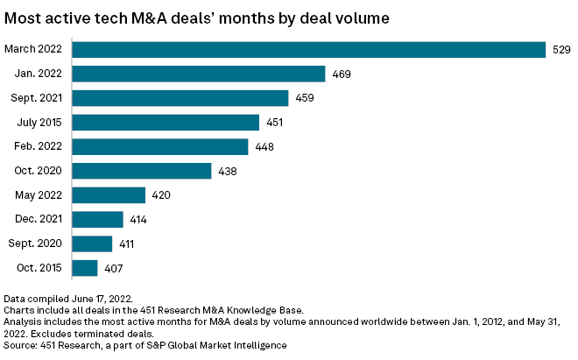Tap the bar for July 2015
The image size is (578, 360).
[x=166, y=123]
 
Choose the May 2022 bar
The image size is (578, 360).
[x=109, y=195]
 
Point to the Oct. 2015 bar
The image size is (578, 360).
[x=85, y=268]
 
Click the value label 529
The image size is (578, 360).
[x=561, y=50]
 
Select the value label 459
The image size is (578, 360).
[x=303, y=98]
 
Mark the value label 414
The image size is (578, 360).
[x=137, y=220]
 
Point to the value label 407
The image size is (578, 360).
[x=111, y=268]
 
